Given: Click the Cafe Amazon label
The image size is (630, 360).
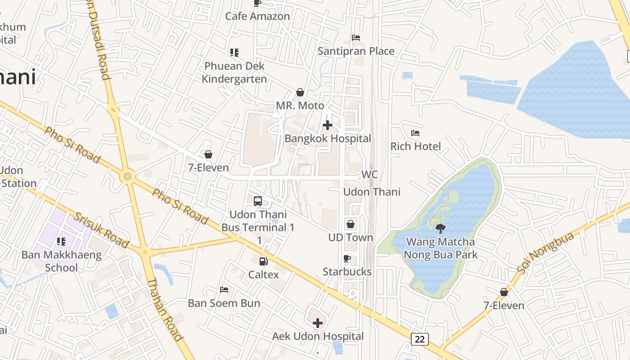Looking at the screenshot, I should click(257, 16).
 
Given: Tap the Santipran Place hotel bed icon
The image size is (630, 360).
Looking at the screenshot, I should click(356, 38).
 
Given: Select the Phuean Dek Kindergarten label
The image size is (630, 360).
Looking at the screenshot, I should click(234, 72).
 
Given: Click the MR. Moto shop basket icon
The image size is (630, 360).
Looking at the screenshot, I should click(300, 93).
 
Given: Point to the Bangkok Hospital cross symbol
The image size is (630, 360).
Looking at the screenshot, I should click(328, 125).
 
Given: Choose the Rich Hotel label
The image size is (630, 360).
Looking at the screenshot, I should click(415, 146).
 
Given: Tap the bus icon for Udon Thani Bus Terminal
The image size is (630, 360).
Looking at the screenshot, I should click(258, 201).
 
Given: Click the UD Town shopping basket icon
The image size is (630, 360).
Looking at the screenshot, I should click(351, 224).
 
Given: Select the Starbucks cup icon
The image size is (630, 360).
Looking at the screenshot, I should click(347, 258).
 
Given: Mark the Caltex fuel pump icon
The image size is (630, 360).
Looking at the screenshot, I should click(263, 261).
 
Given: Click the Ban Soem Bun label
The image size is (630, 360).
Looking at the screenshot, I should click(224, 303).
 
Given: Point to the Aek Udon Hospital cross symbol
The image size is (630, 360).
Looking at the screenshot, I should click(318, 323).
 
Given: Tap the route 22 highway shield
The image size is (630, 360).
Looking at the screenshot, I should click(419, 339).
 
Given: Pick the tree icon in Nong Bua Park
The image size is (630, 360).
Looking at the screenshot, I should click(441, 229).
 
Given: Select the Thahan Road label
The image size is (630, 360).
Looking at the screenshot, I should click(165, 309).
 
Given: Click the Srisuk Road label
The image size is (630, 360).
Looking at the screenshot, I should click(101, 230).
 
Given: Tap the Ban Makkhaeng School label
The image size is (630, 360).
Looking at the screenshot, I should click(62, 261).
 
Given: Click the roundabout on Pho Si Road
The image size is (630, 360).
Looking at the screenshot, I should click(128, 176).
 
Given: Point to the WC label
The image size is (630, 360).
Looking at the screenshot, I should click(369, 175).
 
